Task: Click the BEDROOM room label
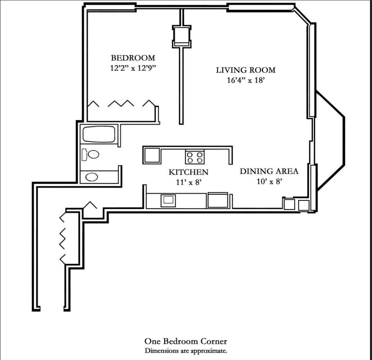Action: coord(133,58)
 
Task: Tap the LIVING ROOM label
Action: coord(246,70)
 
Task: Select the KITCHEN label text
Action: coord(188,172)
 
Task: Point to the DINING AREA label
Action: coord(269,171)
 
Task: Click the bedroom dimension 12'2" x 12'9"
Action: coord(133,68)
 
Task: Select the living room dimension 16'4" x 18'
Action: coord(246,80)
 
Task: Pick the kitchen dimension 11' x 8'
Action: coord(188,182)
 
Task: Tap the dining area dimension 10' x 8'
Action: coord(269,181)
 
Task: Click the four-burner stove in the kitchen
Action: coord(194,156)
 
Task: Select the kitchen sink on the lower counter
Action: coord(168,200)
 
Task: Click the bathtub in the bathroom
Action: coord(99,134)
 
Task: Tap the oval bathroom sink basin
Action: coord(92,177)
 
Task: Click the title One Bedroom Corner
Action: coord(186,341)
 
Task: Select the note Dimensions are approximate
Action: coord(186,350)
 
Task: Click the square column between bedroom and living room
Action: coord(181,36)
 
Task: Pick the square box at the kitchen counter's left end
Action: coord(152,155)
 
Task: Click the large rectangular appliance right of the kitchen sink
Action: coord(218,200)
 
